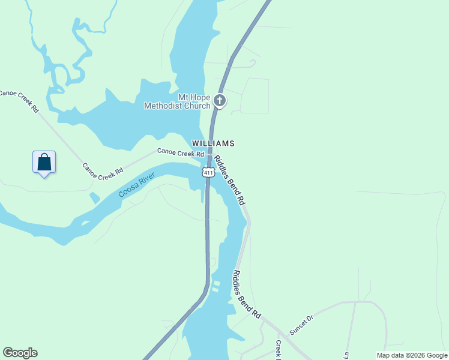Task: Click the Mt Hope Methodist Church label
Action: click(177, 101)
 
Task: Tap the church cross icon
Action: click(220, 100)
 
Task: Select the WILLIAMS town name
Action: click(212, 143)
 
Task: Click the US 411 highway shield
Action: click(208, 173)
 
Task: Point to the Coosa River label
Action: click(136, 185)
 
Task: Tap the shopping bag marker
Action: click(44, 163)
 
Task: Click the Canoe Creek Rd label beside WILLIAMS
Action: click(181, 152)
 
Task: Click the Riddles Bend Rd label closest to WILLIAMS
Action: click(231, 181)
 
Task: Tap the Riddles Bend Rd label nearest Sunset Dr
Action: click(247, 293)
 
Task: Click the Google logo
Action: click(20, 353)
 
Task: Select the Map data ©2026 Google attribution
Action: click(412, 355)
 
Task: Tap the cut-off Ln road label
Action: click(346, 355)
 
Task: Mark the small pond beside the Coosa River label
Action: click(94, 197)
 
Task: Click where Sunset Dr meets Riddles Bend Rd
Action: click(278, 330)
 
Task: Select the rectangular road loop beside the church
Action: click(254, 96)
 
